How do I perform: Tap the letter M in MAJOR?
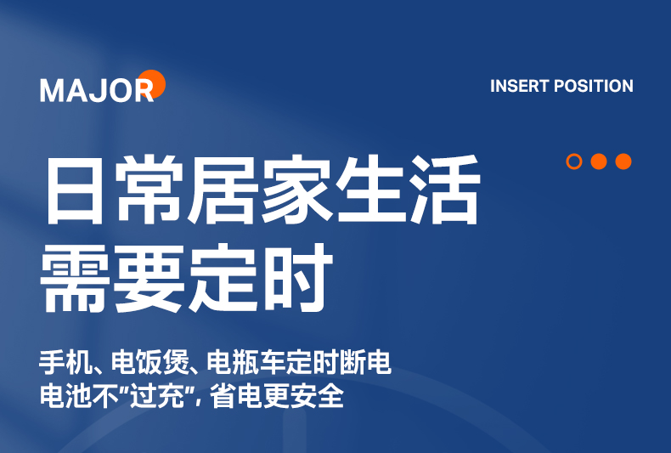(51, 91)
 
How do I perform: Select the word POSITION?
(594, 86)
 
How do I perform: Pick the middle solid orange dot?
(599, 161)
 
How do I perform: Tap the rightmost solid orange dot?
(623, 161)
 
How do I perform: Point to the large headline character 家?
(296, 190)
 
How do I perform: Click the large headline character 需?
(73, 278)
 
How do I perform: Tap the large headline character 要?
(148, 278)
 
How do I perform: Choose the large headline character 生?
(370, 190)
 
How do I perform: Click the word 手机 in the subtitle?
(66, 363)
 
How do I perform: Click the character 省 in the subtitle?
(223, 396)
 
